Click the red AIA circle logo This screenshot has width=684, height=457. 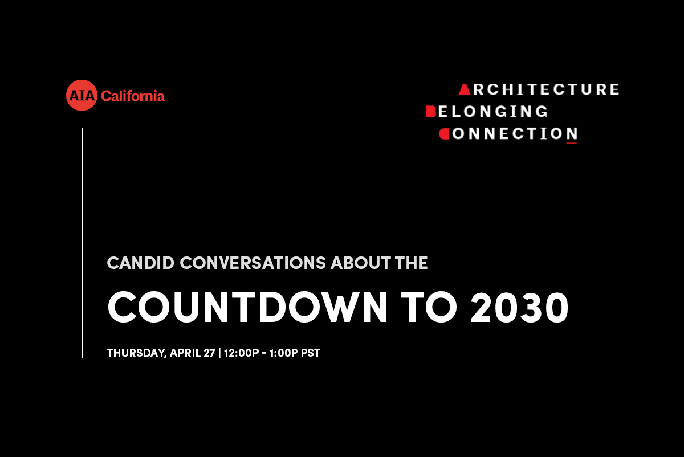tap(82, 95)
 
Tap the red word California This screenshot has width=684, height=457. tap(133, 96)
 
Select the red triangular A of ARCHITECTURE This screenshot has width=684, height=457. tap(465, 89)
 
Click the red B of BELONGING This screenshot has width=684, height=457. tap(431, 112)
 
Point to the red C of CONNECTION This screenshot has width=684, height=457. tap(444, 134)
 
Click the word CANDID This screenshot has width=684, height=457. tap(140, 263)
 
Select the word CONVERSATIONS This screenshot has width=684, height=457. tap(253, 263)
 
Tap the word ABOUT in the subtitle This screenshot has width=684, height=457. tap(361, 263)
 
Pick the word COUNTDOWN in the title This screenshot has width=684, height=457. tap(247, 307)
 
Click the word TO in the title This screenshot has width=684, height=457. tap(429, 307)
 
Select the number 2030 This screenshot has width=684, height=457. tap(519, 307)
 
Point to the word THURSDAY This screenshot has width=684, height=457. tap(136, 353)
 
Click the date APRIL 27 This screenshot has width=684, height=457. tap(193, 353)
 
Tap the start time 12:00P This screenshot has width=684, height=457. tap(241, 353)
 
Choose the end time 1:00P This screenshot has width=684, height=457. tap(283, 353)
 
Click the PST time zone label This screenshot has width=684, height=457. tap(311, 353)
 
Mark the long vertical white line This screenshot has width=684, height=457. tap(82, 243)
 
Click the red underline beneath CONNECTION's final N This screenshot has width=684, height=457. tap(571, 142)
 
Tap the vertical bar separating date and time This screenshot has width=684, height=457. tap(219, 353)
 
